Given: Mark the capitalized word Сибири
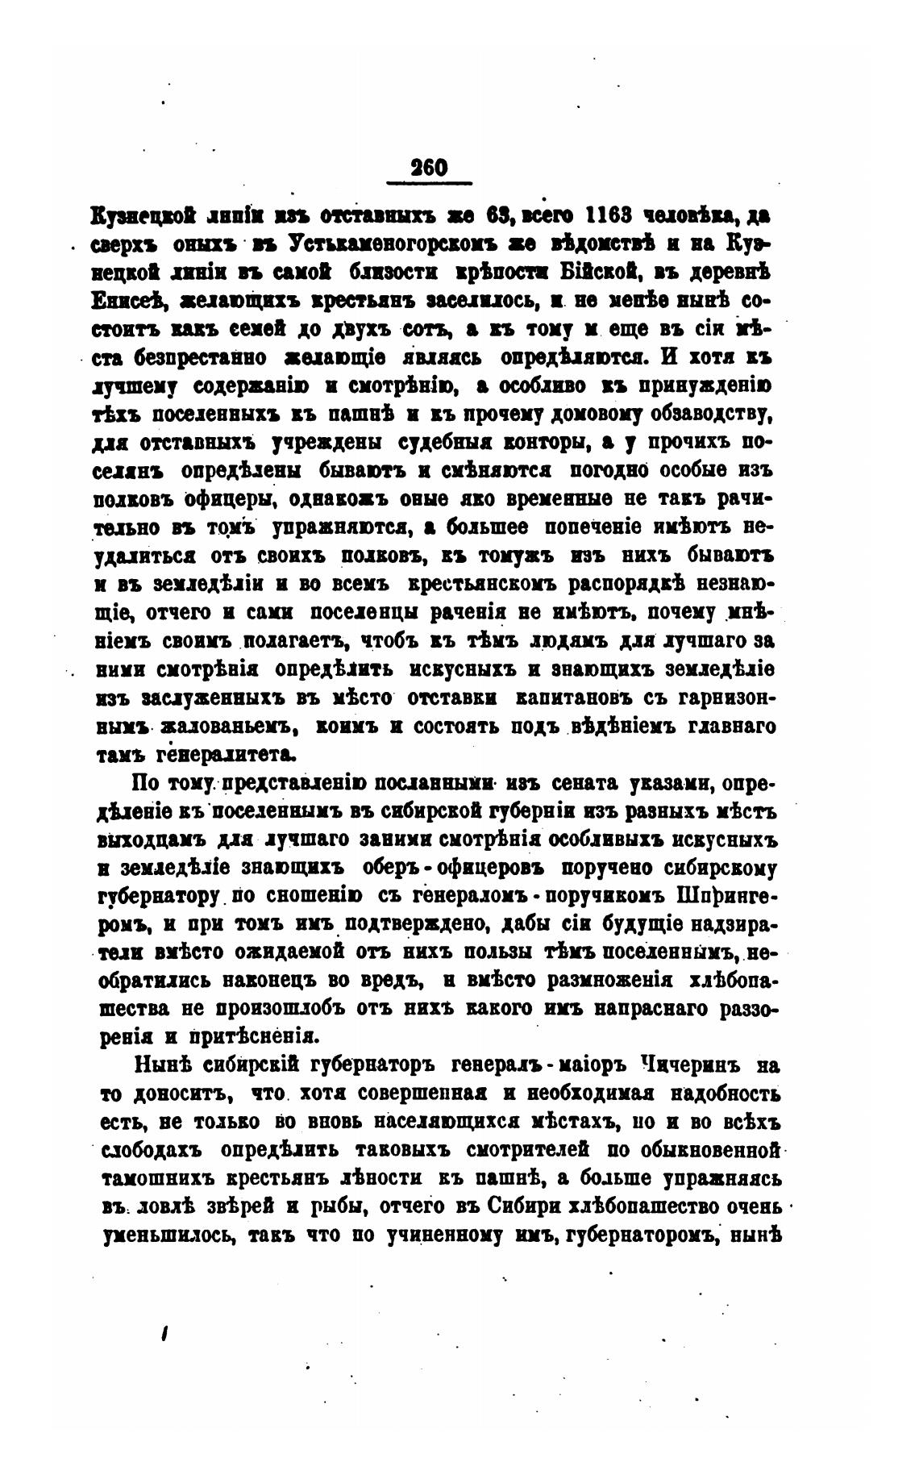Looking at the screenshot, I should pos(523,1207).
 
